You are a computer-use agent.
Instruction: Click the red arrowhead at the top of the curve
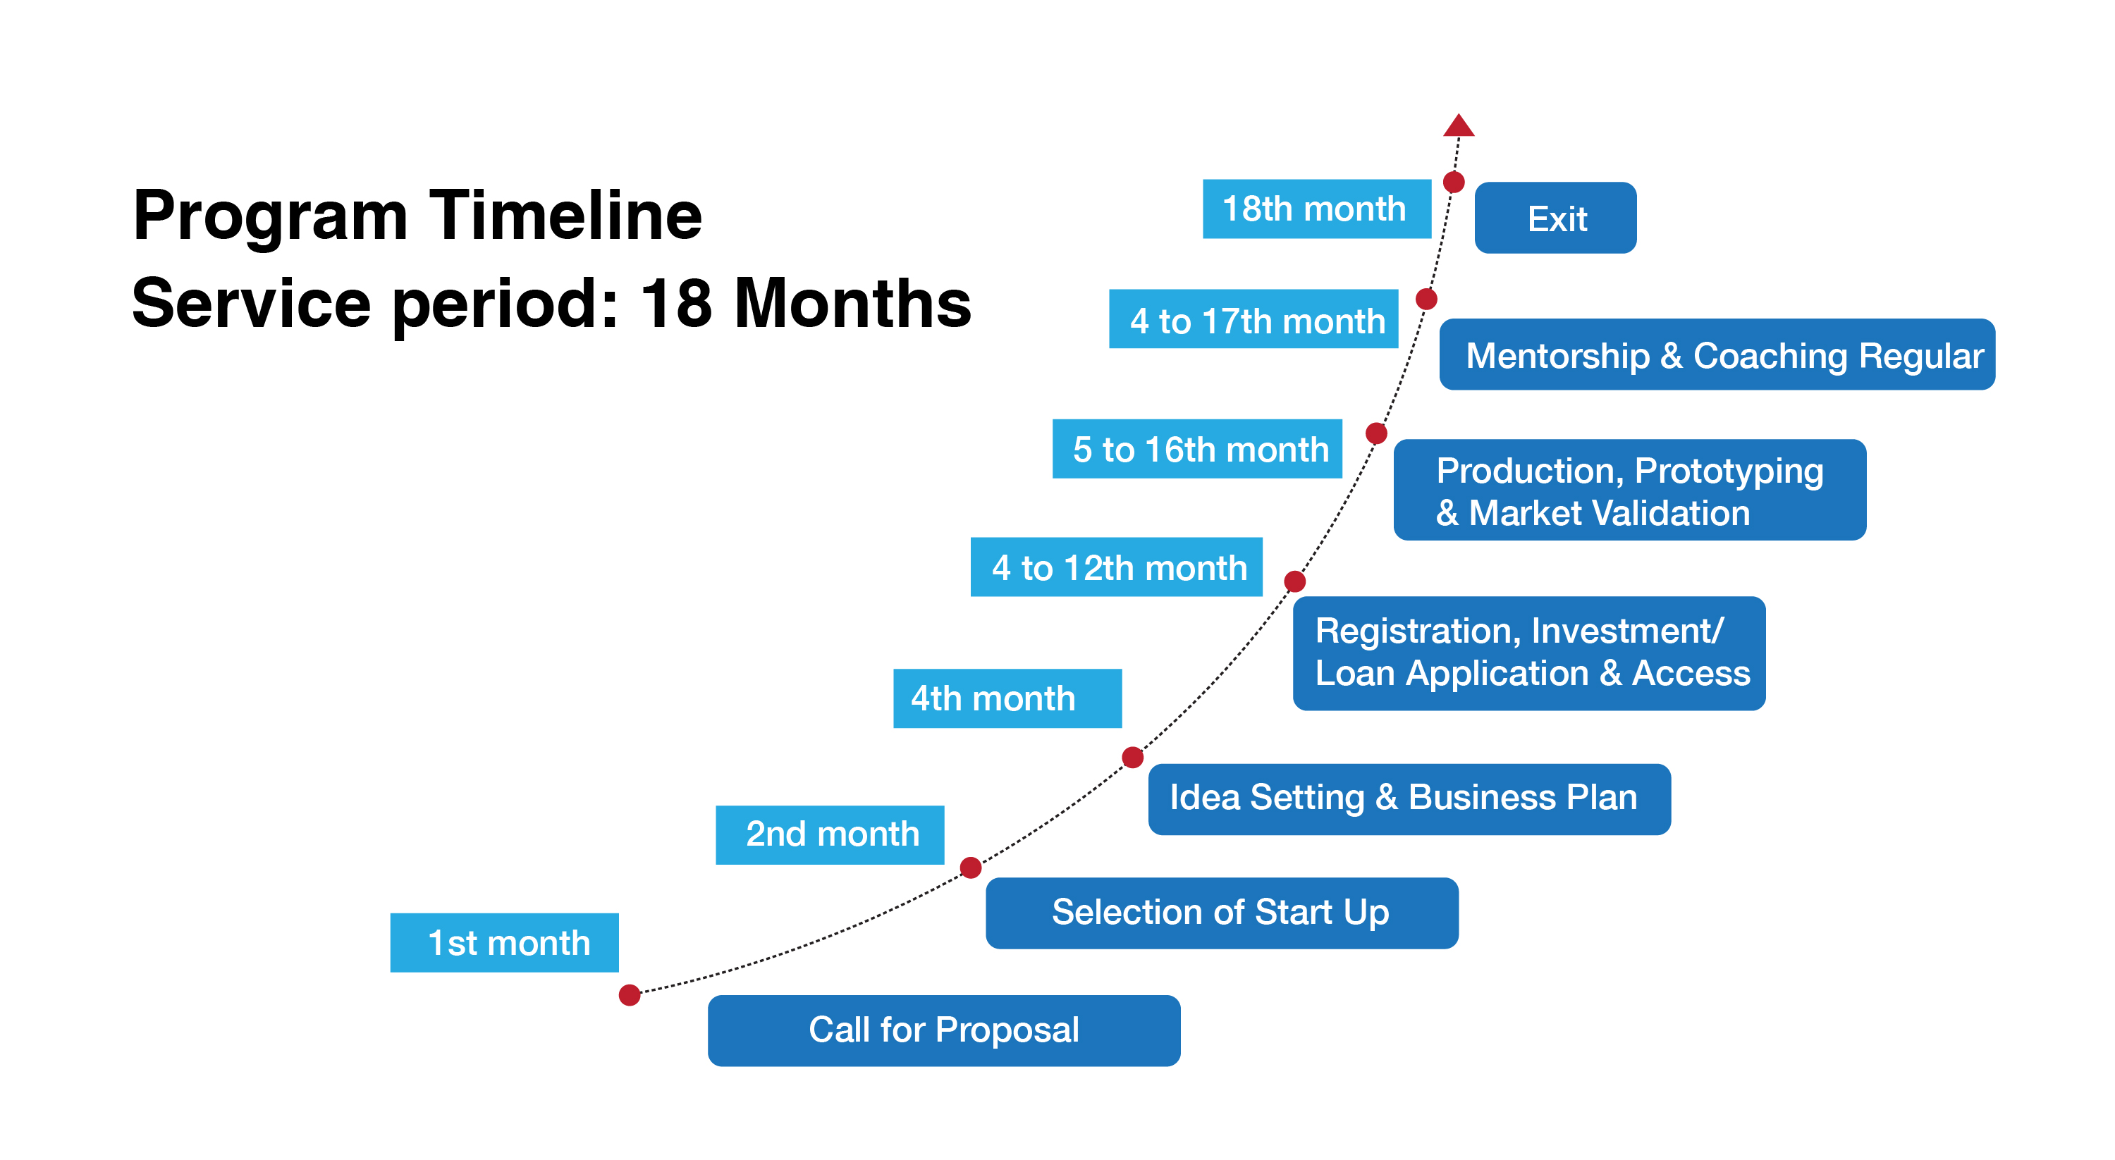[x=1458, y=125]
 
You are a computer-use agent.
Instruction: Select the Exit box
[x=1555, y=218]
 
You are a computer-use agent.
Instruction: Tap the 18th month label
[x=1316, y=209]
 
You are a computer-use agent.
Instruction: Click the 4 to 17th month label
[x=1253, y=319]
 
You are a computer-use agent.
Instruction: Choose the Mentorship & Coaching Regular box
[x=1717, y=354]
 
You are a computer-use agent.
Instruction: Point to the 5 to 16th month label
[x=1197, y=448]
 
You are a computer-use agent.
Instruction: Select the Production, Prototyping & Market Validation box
[x=1630, y=490]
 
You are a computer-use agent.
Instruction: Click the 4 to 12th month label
[x=1116, y=567]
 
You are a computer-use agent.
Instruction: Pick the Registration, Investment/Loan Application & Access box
[x=1528, y=653]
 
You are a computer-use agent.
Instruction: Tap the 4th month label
[x=1007, y=698]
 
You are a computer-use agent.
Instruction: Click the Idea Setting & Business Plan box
[x=1409, y=798]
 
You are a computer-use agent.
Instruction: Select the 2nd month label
[x=830, y=834]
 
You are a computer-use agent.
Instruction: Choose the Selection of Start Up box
[x=1222, y=913]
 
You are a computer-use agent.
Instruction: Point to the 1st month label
[x=504, y=942]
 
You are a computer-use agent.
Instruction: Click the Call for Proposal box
[x=944, y=1030]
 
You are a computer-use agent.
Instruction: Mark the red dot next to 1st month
[x=630, y=995]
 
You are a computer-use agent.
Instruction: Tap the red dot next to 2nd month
[x=971, y=867]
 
